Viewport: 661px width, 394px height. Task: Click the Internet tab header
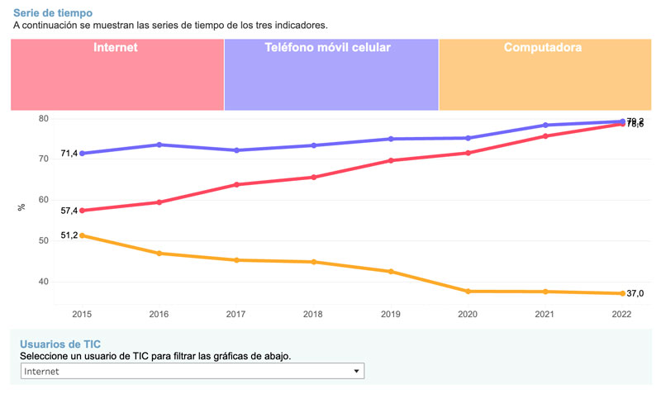tap(116, 48)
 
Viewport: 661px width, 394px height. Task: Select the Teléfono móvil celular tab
tap(327, 48)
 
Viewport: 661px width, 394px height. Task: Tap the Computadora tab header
tap(543, 48)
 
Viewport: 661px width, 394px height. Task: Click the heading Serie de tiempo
tap(53, 13)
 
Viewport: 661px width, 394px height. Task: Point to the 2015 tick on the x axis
tap(82, 315)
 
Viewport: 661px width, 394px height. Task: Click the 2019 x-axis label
tap(391, 315)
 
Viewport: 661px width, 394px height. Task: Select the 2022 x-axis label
tap(622, 315)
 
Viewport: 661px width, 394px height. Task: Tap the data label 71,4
tap(69, 154)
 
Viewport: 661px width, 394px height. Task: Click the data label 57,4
tap(69, 211)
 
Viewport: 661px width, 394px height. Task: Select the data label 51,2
tap(69, 235)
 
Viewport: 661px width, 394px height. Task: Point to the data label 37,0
tap(635, 294)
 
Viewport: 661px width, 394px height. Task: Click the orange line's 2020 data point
tap(468, 292)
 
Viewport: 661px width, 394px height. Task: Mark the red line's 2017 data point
tap(236, 184)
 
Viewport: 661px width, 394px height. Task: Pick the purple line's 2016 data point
tap(159, 145)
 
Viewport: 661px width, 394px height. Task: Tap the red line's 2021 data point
tap(545, 135)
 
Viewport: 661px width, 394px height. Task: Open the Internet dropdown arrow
tap(357, 372)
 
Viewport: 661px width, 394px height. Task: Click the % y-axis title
tap(21, 207)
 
